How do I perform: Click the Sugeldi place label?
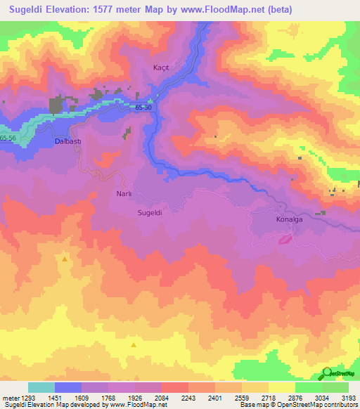pyautogui.click(x=150, y=212)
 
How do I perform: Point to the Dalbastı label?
pyautogui.click(x=68, y=141)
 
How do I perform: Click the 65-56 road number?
pyautogui.click(x=9, y=138)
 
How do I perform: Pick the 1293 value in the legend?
pyautogui.click(x=28, y=398)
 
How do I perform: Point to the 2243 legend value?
pyautogui.click(x=188, y=398)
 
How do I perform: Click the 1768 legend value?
pyautogui.click(x=108, y=398)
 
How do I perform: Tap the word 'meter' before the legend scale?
pyautogui.click(x=11, y=398)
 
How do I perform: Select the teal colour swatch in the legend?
pyautogui.click(x=41, y=387)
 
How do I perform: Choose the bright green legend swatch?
pyautogui.click(x=308, y=387)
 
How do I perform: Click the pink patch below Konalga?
pyautogui.click(x=286, y=240)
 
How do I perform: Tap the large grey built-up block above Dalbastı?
pyautogui.click(x=56, y=106)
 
